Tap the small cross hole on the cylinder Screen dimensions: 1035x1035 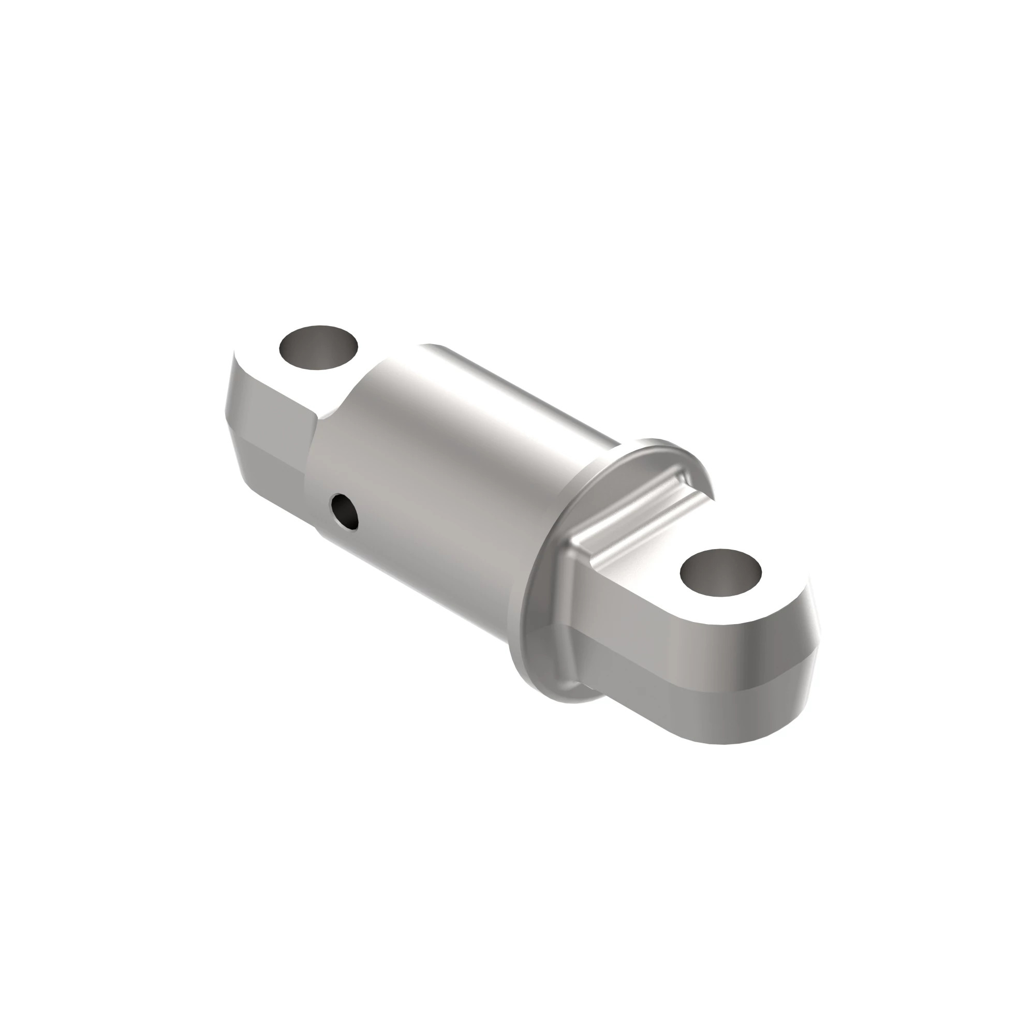click(x=345, y=512)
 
